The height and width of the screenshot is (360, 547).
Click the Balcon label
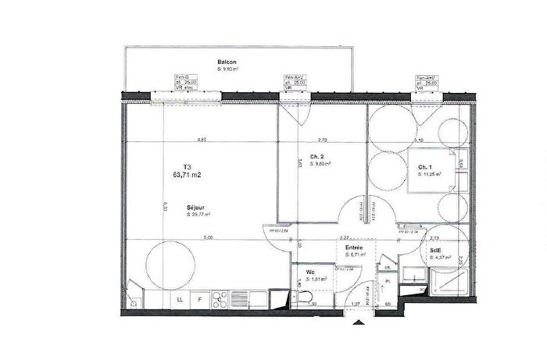pos(227,62)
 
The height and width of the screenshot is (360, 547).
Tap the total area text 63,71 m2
pos(188,176)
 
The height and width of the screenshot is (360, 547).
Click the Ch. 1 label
pos(425,168)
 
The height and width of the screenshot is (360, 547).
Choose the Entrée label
pos(354,247)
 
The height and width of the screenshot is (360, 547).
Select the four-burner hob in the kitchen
pos(219,298)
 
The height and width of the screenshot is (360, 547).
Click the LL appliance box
pos(180,299)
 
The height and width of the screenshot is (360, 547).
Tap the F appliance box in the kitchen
pos(199,299)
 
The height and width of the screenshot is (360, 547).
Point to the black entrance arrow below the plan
pos(359,321)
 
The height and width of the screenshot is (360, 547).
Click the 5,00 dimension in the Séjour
pos(207,237)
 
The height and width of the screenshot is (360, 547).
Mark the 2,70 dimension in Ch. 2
pos(324,140)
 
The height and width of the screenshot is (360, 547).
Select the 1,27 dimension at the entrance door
pos(355,305)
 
